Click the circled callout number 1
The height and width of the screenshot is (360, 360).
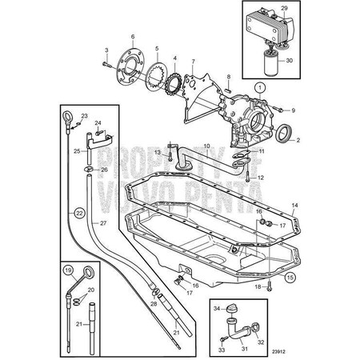259,86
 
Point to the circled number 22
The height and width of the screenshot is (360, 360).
78,213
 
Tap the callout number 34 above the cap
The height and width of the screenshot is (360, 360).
216,308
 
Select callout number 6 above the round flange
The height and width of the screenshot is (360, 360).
133,37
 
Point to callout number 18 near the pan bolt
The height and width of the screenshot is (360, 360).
258,286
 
